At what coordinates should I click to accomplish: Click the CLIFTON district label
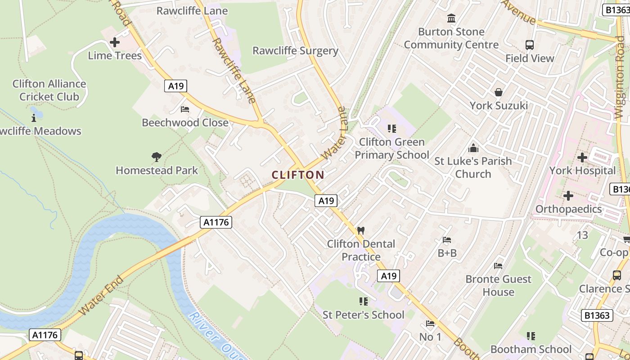298,175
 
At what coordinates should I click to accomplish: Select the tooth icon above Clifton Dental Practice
360,230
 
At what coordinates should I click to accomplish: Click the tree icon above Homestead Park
157,157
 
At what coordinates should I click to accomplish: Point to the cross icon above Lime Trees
115,43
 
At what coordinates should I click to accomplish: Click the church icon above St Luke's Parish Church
473,148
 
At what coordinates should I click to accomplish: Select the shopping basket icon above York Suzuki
499,92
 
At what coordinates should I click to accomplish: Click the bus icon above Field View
530,45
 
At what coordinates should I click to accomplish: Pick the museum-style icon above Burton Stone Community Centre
451,18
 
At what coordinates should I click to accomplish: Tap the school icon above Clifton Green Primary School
391,129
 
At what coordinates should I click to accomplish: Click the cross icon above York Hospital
582,157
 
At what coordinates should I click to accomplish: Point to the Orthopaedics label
568,209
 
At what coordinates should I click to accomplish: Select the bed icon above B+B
447,240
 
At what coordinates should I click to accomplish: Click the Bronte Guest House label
498,285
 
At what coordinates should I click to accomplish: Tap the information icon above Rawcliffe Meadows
34,118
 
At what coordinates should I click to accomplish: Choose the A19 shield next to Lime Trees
175,86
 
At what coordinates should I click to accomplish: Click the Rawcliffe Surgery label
295,50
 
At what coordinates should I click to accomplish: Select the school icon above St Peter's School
363,301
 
